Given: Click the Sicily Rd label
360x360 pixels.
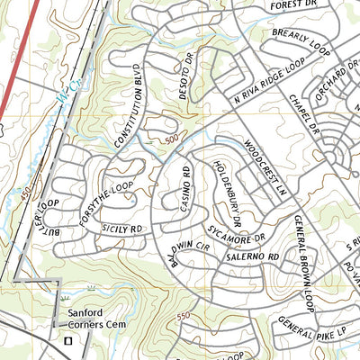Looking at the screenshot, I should pyautogui.click(x=123, y=230).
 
